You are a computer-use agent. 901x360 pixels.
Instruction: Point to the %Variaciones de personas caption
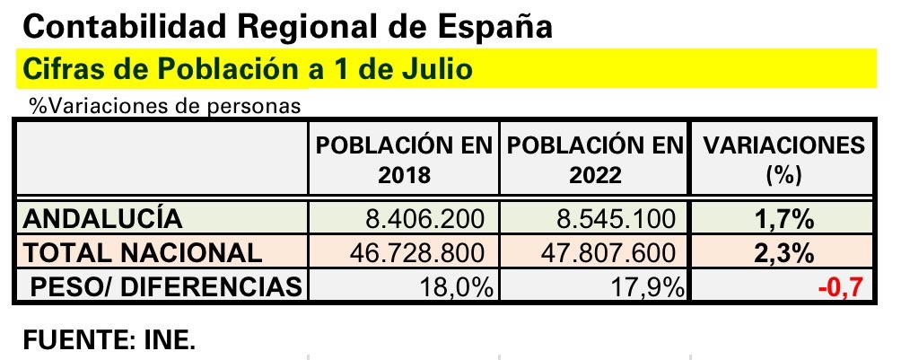point(163,106)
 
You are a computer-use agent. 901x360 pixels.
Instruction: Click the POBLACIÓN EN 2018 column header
point(406,160)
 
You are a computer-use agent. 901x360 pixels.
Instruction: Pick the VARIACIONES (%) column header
point(783,160)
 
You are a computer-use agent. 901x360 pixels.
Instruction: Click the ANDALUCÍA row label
point(102,218)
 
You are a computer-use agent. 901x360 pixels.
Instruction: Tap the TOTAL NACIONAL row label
point(142,252)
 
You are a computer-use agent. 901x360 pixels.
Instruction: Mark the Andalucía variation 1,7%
point(783,219)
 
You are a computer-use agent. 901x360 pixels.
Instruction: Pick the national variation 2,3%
point(783,253)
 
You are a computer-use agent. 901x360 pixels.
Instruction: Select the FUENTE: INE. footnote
point(108,341)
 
